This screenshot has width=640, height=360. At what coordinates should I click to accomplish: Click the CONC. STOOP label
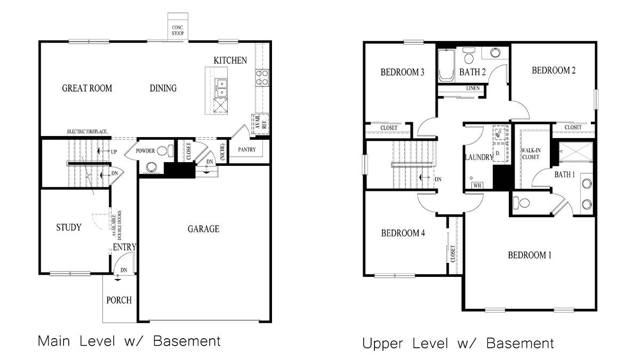pos(177,30)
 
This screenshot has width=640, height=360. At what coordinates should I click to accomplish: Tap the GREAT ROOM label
pos(87,88)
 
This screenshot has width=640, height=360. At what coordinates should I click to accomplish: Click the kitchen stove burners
pos(262,78)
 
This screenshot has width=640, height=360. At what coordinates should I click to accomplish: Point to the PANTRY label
pos(246,150)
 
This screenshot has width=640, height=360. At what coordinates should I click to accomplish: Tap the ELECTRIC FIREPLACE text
pos(87,131)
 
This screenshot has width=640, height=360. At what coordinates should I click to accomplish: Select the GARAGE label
pos(203,229)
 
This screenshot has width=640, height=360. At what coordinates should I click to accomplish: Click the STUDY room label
pos(69,228)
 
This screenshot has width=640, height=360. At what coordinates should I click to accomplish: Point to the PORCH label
pos(119,300)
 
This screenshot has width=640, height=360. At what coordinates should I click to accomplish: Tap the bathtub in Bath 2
pos(445,66)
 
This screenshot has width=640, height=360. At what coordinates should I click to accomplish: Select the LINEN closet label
pos(472,88)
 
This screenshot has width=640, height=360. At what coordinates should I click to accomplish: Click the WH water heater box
pos(476,185)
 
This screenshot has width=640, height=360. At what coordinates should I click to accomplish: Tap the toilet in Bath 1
pos(521,203)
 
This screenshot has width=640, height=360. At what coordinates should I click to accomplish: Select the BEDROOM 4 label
pos(403,233)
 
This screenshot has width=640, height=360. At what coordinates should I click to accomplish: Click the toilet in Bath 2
pos(469,55)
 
